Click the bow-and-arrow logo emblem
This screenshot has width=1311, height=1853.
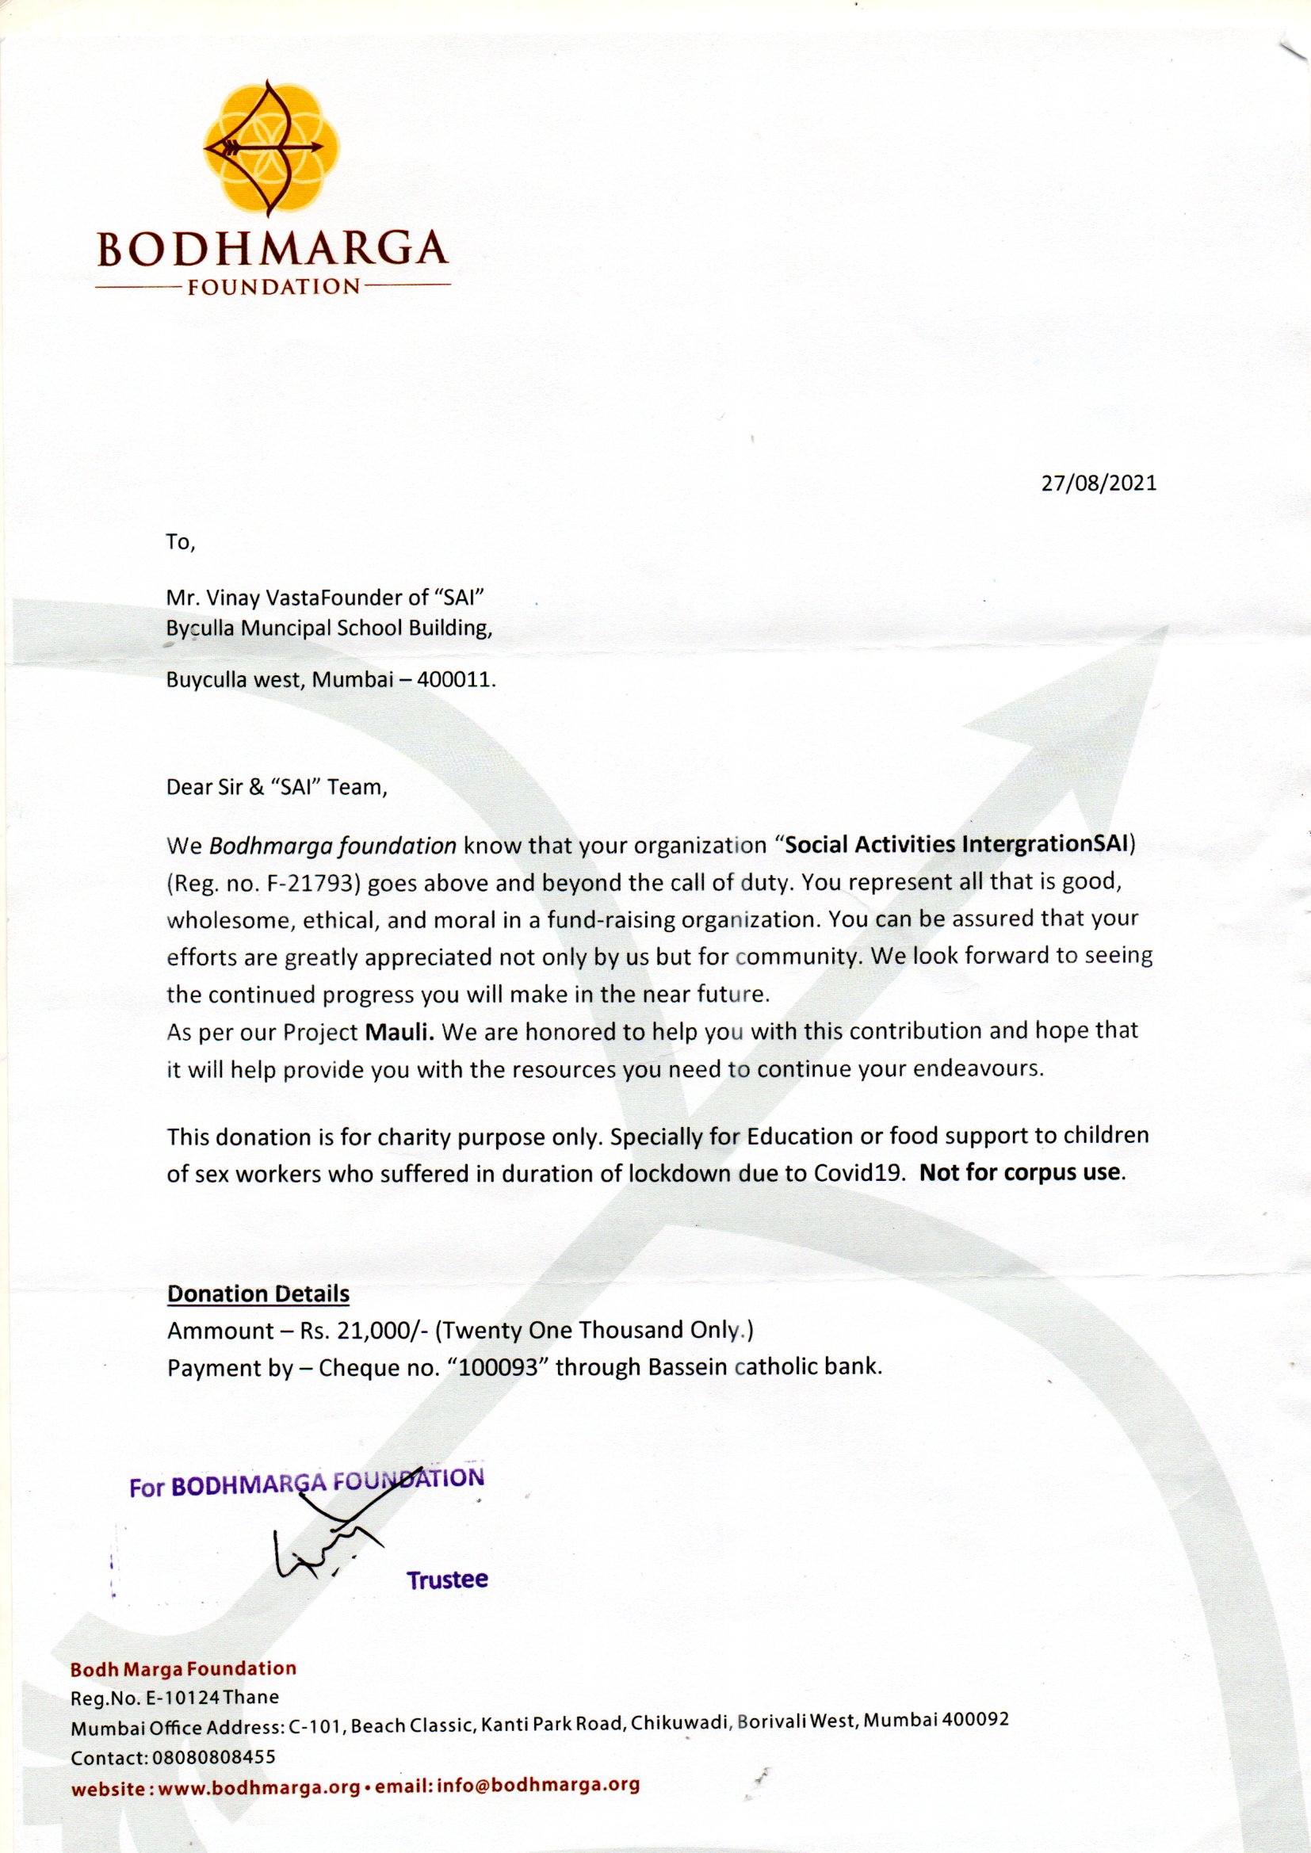point(269,147)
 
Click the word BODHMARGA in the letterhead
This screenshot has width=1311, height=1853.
point(272,250)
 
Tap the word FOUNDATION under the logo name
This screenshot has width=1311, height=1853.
point(273,288)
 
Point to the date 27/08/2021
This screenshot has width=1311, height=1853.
point(1099,483)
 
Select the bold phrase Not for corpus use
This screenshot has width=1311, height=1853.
point(1022,1173)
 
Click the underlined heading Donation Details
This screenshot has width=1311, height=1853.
point(258,1293)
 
